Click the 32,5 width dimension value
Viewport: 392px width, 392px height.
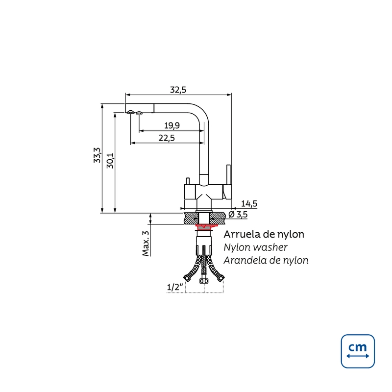[x=178, y=90]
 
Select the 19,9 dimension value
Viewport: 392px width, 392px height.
[x=172, y=125]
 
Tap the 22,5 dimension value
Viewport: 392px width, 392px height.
[x=167, y=138]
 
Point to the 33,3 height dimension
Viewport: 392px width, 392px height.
[x=97, y=155]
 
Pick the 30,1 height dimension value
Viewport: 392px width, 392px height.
[x=110, y=161]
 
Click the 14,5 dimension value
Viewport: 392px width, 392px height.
[x=249, y=203]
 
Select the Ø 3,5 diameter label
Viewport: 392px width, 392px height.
[x=238, y=214]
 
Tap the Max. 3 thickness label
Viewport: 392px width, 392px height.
[x=146, y=244]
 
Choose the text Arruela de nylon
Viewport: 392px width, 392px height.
[x=264, y=234]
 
